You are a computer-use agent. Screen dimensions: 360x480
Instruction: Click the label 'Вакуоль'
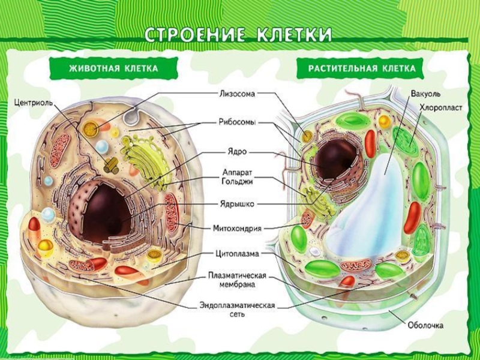point(425,95)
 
